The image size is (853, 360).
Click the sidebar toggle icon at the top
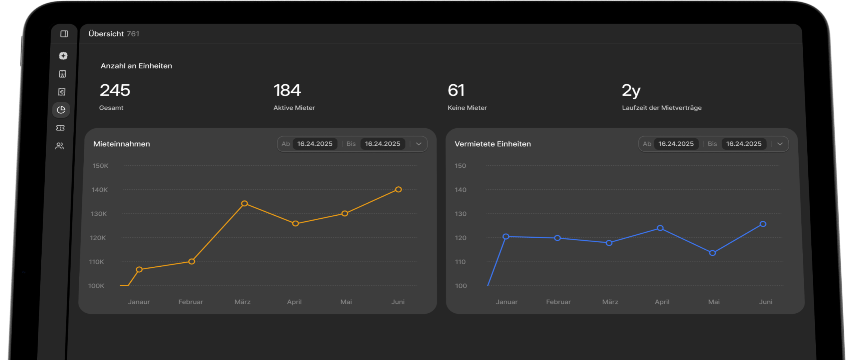[64, 34]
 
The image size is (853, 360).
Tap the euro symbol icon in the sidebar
[62, 92]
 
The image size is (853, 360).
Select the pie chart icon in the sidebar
[61, 110]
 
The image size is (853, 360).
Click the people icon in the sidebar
[60, 146]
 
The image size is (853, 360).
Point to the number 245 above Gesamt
[115, 90]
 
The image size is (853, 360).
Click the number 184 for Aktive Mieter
[287, 90]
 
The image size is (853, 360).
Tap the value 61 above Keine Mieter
[456, 90]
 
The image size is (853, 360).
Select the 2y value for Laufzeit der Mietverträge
[631, 91]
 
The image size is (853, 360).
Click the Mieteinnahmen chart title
[122, 144]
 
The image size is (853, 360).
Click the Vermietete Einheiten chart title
[493, 144]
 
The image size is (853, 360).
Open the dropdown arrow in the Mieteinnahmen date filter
[419, 144]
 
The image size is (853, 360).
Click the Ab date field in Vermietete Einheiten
[676, 144]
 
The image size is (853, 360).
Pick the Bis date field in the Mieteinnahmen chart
[383, 144]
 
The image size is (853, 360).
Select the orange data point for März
[245, 203]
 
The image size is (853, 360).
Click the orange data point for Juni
[398, 189]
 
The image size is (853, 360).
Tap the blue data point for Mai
[712, 253]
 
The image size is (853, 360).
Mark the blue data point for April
[660, 228]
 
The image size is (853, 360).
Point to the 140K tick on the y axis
[100, 190]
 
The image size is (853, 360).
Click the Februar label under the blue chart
[558, 302]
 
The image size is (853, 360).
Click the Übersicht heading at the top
[106, 34]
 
